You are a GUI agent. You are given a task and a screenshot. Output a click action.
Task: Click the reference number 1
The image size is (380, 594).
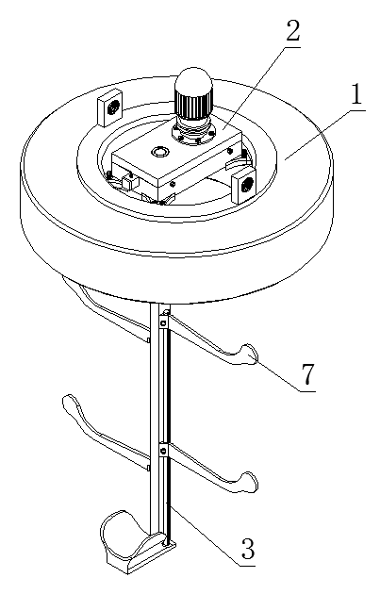pyautogui.click(x=356, y=93)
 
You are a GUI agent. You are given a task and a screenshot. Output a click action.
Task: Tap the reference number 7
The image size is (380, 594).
pyautogui.click(x=308, y=373)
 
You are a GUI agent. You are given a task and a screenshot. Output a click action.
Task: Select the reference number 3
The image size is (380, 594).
pyautogui.click(x=248, y=548)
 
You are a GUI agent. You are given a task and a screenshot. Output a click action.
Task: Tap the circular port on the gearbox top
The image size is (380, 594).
pyautogui.click(x=159, y=152)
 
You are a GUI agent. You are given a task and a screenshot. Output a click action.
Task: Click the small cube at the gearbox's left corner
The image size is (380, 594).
pyautogui.click(x=128, y=183)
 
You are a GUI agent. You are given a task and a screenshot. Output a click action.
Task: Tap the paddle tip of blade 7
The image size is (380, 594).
pyautogui.click(x=248, y=355)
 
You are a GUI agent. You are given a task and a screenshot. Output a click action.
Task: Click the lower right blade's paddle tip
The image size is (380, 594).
pyautogui.click(x=248, y=482)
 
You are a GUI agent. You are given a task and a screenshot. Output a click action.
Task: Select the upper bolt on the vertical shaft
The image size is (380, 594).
pyautogui.click(x=163, y=324)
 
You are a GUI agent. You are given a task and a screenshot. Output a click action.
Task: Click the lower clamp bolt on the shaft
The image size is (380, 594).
pyautogui.click(x=163, y=451)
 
